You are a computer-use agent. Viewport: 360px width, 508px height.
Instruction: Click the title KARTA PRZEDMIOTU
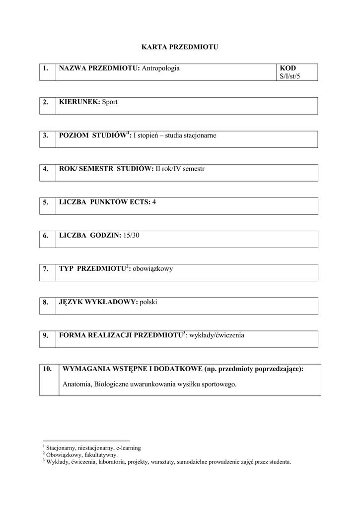coord(180,47)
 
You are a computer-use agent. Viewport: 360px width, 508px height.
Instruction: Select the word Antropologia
coord(161,68)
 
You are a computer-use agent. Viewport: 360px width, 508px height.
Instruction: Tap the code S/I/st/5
coord(290,76)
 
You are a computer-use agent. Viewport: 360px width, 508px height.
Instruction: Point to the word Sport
coord(110,102)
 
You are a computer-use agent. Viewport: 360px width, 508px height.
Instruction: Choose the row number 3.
coord(45,135)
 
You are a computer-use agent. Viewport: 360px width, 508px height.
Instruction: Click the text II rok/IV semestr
coord(180,169)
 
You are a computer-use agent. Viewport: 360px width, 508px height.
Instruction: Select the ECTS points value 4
coord(154,202)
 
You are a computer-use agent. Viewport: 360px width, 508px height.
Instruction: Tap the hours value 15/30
coord(132,235)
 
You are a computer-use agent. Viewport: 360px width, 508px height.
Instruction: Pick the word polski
coord(148,302)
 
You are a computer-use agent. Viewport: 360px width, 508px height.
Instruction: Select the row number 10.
coord(48,369)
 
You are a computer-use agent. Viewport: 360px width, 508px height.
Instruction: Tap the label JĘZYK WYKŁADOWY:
coord(98,302)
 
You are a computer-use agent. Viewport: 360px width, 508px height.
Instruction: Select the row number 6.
coord(45,236)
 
